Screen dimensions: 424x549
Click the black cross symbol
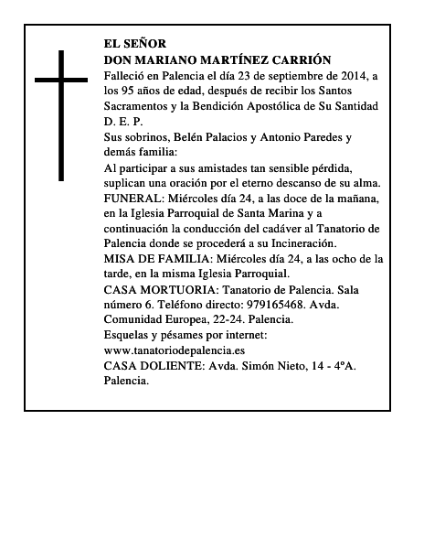(x=63, y=114)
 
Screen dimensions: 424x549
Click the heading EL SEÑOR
(x=136, y=43)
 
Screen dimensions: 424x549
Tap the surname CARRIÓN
(x=300, y=59)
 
